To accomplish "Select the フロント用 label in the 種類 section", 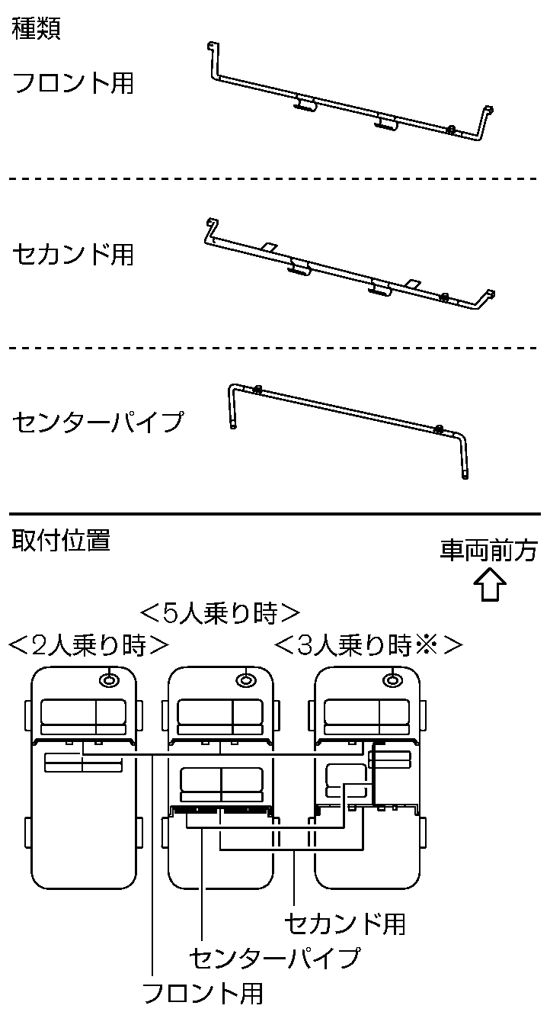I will [73, 82].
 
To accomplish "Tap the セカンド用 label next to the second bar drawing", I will [73, 254].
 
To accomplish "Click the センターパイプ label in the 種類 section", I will [98, 421].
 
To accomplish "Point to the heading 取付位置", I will [61, 541].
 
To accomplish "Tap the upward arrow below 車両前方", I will [490, 587].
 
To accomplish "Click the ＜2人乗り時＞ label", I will [88, 646].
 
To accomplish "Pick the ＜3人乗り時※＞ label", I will [368, 646].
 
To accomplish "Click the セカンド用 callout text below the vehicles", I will [344, 924].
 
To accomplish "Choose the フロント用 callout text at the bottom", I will [203, 993].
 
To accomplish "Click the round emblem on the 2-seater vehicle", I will [111, 679].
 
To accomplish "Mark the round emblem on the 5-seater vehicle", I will [245, 679].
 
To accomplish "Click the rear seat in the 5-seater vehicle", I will [221, 782].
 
